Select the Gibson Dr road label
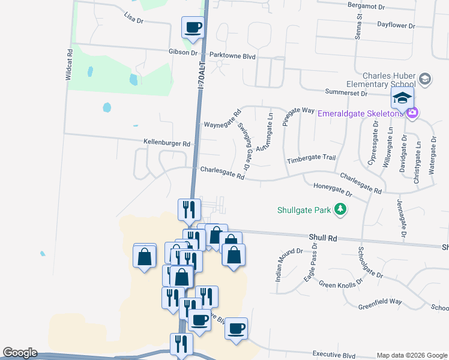click(184, 53)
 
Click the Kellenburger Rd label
click(167, 144)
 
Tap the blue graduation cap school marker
click(402, 98)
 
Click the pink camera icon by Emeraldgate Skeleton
click(412, 113)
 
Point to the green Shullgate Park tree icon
click(341, 209)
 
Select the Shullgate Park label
click(304, 211)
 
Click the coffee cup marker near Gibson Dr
click(193, 27)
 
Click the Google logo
click(20, 353)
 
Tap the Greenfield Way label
click(380, 302)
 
